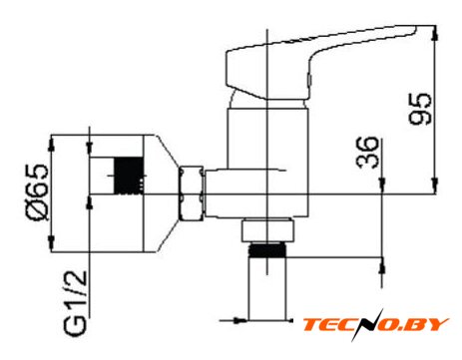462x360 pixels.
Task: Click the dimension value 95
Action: (420, 109)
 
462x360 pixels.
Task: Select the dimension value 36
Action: (367, 153)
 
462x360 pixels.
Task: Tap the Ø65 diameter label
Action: (37, 192)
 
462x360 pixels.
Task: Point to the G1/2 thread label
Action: (76, 303)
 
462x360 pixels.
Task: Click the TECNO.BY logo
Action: (375, 325)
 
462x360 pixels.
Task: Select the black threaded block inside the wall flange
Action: (129, 176)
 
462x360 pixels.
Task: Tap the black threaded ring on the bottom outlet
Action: (267, 250)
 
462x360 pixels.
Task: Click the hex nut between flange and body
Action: (191, 193)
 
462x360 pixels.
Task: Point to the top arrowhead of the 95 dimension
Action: (434, 34)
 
